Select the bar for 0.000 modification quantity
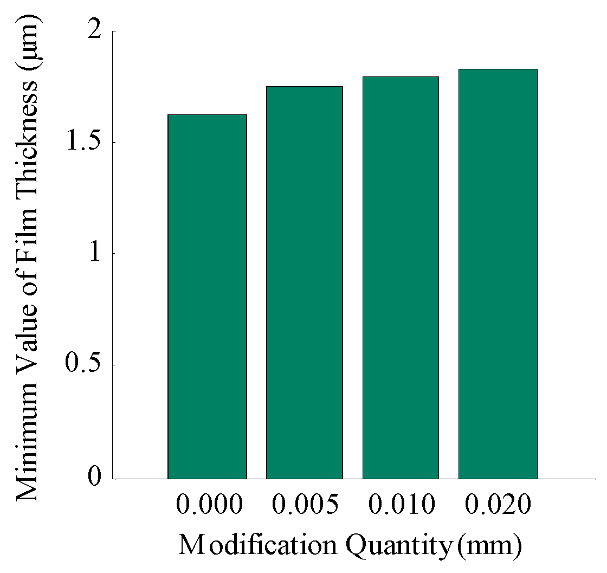click(207, 297)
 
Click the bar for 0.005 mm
click(304, 282)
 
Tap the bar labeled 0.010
click(401, 278)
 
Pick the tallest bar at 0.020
click(498, 274)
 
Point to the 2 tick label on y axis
click(95, 32)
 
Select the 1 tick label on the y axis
click(95, 254)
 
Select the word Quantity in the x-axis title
click(398, 546)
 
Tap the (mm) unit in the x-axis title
click(489, 546)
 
